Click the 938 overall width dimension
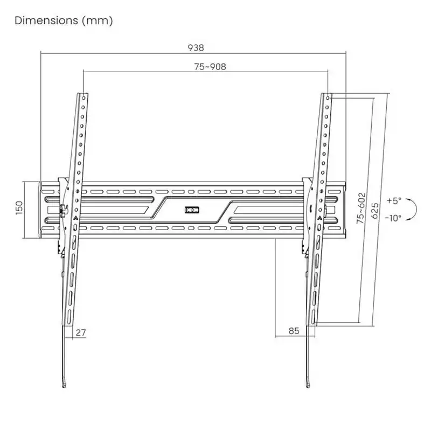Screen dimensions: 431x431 tap(196, 47)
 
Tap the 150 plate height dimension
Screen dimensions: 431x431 tap(19, 208)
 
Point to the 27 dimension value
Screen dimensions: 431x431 tap(80, 332)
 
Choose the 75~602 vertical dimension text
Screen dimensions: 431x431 tap(362, 208)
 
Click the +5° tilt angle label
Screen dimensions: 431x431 tap(394, 200)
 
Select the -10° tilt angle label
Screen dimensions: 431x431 tap(394, 218)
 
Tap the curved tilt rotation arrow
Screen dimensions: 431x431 tap(413, 209)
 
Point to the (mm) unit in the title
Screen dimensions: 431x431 tap(102, 21)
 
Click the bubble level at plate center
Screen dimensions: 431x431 tap(191, 210)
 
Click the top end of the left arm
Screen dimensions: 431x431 tap(83, 95)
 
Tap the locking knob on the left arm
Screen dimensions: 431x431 tap(62, 210)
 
